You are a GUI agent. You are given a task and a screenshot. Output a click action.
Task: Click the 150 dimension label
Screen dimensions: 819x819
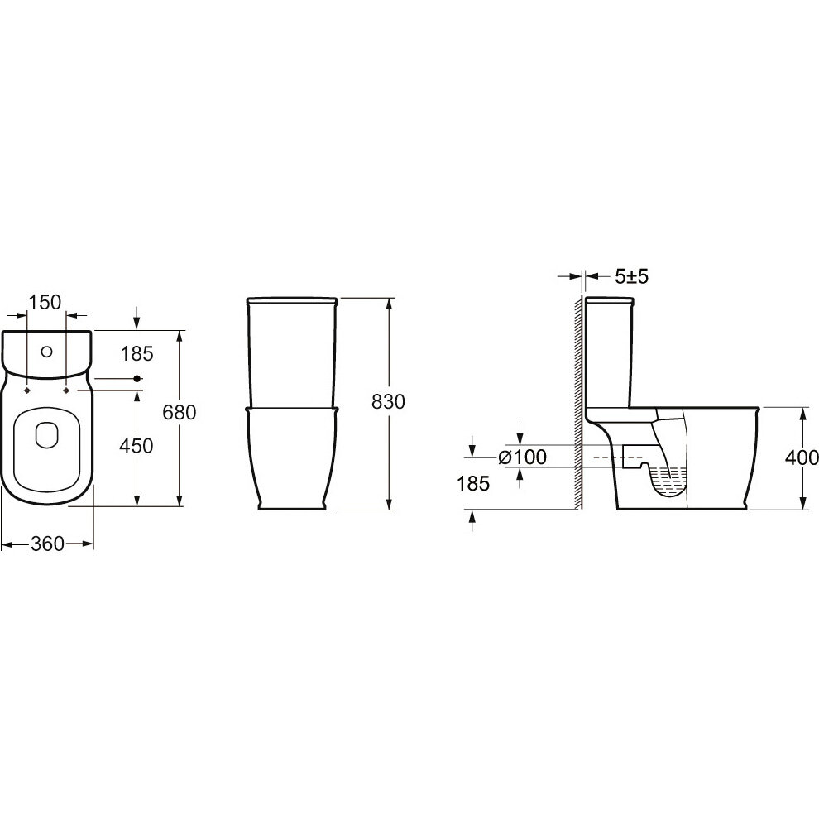45,302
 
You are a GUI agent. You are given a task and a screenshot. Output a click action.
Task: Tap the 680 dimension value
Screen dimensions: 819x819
180,413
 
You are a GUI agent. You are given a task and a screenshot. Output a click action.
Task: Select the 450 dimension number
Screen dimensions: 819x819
136,446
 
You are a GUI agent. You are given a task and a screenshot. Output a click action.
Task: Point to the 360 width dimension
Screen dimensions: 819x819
47,544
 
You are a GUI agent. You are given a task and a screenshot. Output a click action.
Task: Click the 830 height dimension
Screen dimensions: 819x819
388,402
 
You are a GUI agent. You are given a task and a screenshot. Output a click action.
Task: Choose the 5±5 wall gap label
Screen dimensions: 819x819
631,276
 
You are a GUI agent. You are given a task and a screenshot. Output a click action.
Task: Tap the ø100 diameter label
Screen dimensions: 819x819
523,457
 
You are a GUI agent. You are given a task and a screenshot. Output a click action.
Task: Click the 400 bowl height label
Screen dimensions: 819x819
802,457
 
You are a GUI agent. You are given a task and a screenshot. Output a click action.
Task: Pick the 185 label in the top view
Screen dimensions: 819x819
136,353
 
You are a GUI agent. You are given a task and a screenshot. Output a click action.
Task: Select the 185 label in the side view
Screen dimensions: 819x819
473,484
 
